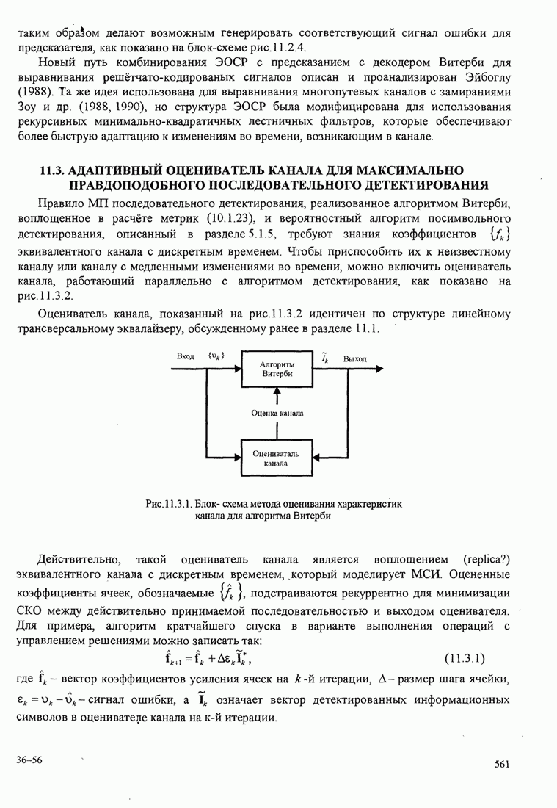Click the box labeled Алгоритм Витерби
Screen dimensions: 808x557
pos(277,369)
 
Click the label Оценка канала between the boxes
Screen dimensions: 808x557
pos(277,414)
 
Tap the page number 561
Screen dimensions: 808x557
pos(502,765)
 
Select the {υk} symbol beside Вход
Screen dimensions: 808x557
pos(216,356)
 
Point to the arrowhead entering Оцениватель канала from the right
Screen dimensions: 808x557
pos(316,458)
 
